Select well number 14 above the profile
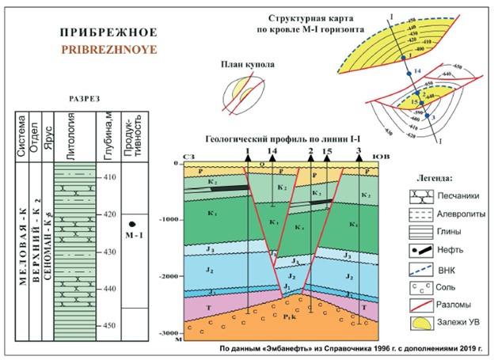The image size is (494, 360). click(272, 150)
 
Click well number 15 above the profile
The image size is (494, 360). click(327, 150)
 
